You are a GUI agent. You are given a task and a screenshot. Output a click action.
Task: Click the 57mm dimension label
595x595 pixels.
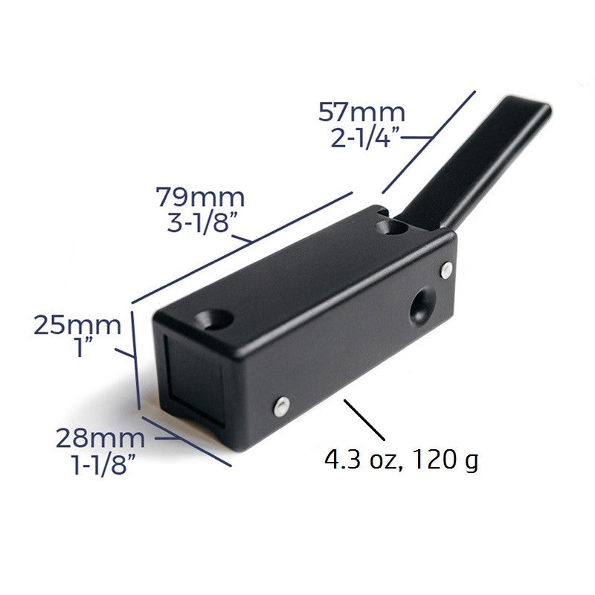coord(361,112)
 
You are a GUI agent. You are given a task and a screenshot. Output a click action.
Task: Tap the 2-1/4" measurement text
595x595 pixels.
coord(365,137)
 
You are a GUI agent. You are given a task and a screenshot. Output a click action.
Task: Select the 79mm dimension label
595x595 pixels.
coord(200,197)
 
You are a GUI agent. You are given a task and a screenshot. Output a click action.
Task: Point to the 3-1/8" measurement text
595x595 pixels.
coord(202,222)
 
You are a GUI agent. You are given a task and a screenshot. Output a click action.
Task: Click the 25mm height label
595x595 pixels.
coord(77,325)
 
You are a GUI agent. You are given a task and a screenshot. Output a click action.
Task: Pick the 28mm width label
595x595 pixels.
coord(100,438)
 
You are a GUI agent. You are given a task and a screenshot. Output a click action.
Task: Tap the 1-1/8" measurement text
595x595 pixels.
coord(103,463)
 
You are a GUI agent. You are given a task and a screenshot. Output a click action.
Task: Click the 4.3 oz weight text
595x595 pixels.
coord(361,459)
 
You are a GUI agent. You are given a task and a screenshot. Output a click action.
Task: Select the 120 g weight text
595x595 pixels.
coord(445,460)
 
